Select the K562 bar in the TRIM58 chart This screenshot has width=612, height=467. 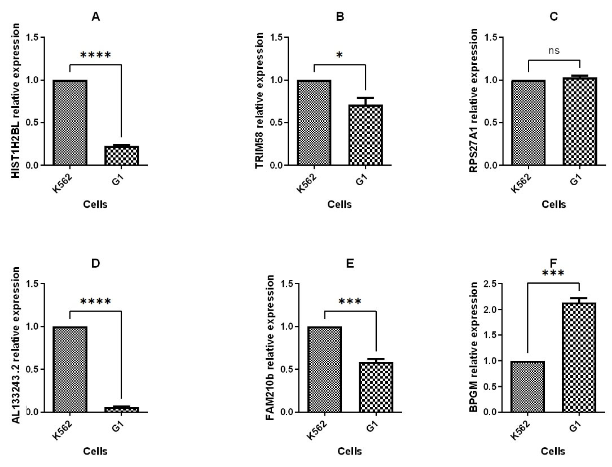click(x=314, y=123)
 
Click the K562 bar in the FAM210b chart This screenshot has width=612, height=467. click(x=324, y=369)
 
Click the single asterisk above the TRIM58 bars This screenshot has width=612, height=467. click(x=340, y=55)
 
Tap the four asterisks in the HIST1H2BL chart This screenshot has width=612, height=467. click(x=96, y=55)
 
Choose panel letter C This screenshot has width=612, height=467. click(x=553, y=17)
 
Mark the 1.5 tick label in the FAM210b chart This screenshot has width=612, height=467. click(x=296, y=283)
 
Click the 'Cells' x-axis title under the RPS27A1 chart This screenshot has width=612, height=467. click(x=553, y=204)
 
